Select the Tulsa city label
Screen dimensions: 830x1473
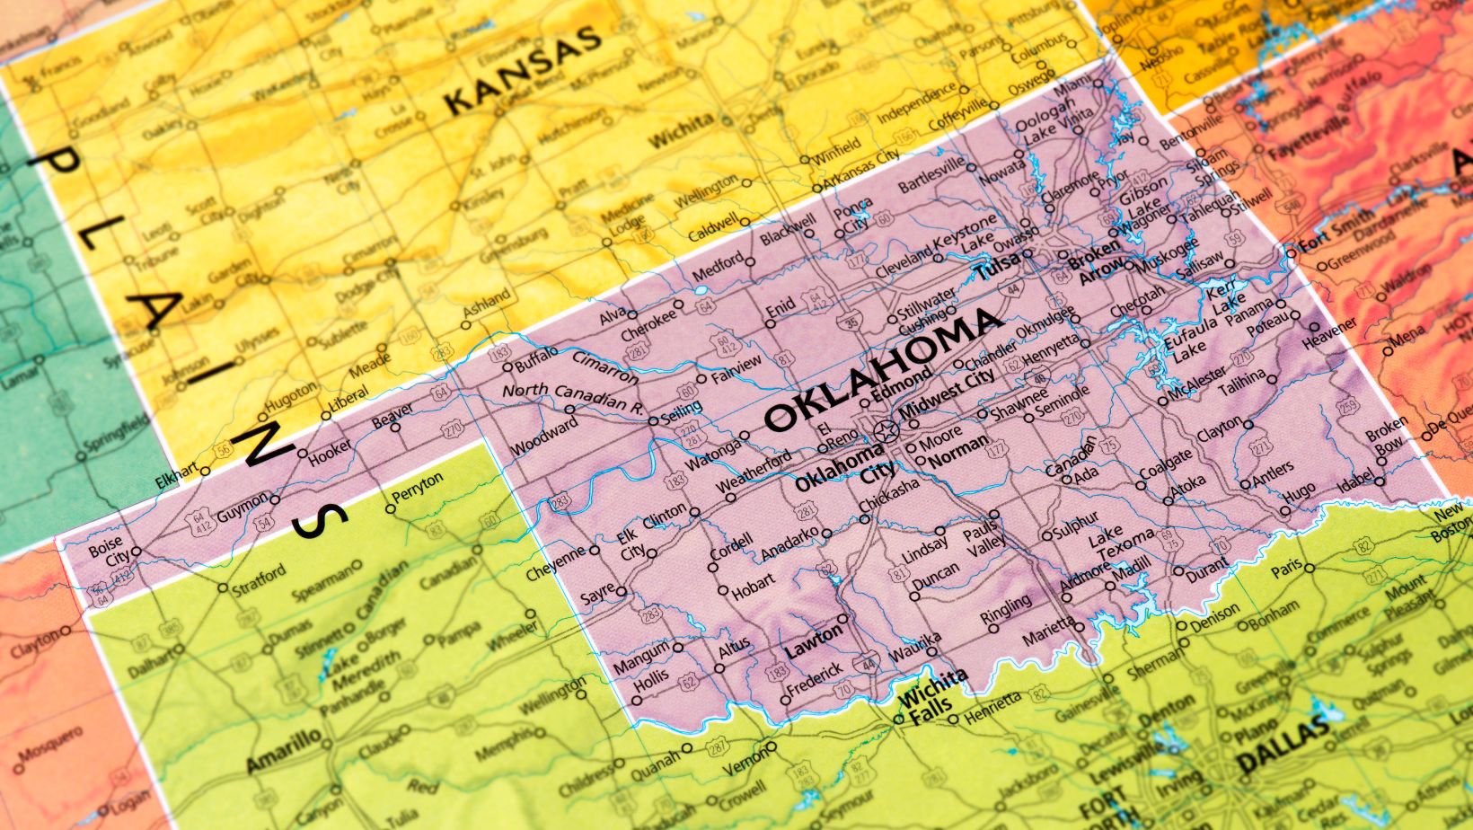tap(999, 266)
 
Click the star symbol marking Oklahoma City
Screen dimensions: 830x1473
tap(885, 432)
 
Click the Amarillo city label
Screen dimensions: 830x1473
tap(283, 752)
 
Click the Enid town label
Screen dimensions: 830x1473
tap(781, 309)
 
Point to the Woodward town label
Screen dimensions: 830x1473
tap(545, 437)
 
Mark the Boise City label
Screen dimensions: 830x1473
tap(105, 551)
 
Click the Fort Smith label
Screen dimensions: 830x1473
tap(1336, 228)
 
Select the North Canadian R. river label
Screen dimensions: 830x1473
tap(574, 397)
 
